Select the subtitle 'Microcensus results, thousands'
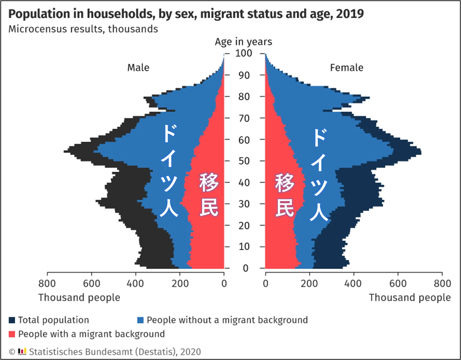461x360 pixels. [83, 29]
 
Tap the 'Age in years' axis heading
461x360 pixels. [243, 42]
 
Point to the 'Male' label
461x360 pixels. [138, 68]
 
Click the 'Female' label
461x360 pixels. [346, 68]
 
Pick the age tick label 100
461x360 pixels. [244, 53]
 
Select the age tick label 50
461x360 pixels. [244, 161]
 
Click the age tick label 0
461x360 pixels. [246, 268]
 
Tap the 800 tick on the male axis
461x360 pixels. [47, 284]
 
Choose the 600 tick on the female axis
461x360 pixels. [398, 284]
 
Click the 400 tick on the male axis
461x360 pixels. [136, 284]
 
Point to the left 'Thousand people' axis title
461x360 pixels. [79, 298]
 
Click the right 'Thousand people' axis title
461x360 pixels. [410, 298]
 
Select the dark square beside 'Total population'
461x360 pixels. [12, 320]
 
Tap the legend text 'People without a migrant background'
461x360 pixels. [227, 320]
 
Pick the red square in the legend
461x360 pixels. [12, 334]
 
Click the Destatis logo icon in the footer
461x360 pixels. [22, 352]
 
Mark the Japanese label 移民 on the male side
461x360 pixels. [209, 194]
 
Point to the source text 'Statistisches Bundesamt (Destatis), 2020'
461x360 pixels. [115, 352]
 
